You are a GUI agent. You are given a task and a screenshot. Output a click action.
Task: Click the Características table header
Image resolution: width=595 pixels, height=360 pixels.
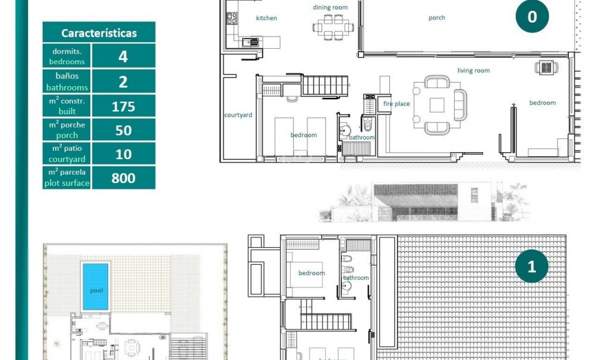point(99,33)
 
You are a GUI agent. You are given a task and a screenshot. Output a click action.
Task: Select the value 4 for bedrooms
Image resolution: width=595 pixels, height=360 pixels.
point(123,56)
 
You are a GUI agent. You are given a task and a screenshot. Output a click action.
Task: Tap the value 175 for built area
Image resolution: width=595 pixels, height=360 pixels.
point(123,106)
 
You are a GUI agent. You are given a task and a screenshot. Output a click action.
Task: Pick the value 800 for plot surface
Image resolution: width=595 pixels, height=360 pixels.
point(123,178)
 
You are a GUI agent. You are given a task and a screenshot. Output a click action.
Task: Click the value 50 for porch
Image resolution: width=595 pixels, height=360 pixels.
point(123,130)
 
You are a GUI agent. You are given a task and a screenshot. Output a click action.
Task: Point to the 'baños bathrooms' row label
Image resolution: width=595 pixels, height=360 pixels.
point(67,81)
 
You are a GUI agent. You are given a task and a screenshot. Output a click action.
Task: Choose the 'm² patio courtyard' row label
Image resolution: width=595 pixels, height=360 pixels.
point(67,154)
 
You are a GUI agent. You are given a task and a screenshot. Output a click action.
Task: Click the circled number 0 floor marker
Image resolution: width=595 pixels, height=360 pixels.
point(531,17)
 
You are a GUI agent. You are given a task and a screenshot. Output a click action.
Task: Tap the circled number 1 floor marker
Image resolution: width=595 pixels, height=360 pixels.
point(531,267)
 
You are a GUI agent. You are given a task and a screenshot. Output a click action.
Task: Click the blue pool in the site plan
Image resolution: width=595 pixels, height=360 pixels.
point(96,286)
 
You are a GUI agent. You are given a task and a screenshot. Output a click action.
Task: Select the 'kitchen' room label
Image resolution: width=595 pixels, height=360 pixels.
point(266,18)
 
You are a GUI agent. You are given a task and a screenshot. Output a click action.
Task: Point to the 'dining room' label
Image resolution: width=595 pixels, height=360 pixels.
point(330,7)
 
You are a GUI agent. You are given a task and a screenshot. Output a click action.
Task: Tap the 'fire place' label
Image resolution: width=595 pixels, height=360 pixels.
point(396,104)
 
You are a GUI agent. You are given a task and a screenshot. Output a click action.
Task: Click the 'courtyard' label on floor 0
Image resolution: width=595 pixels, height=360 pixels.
point(238,115)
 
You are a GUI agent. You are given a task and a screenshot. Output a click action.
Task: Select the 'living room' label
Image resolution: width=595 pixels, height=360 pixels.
point(473,71)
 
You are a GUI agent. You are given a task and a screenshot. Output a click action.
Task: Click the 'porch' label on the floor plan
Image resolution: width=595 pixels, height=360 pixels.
point(436,18)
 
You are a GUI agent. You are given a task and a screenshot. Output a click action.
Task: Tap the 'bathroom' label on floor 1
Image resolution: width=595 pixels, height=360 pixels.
point(355,277)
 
